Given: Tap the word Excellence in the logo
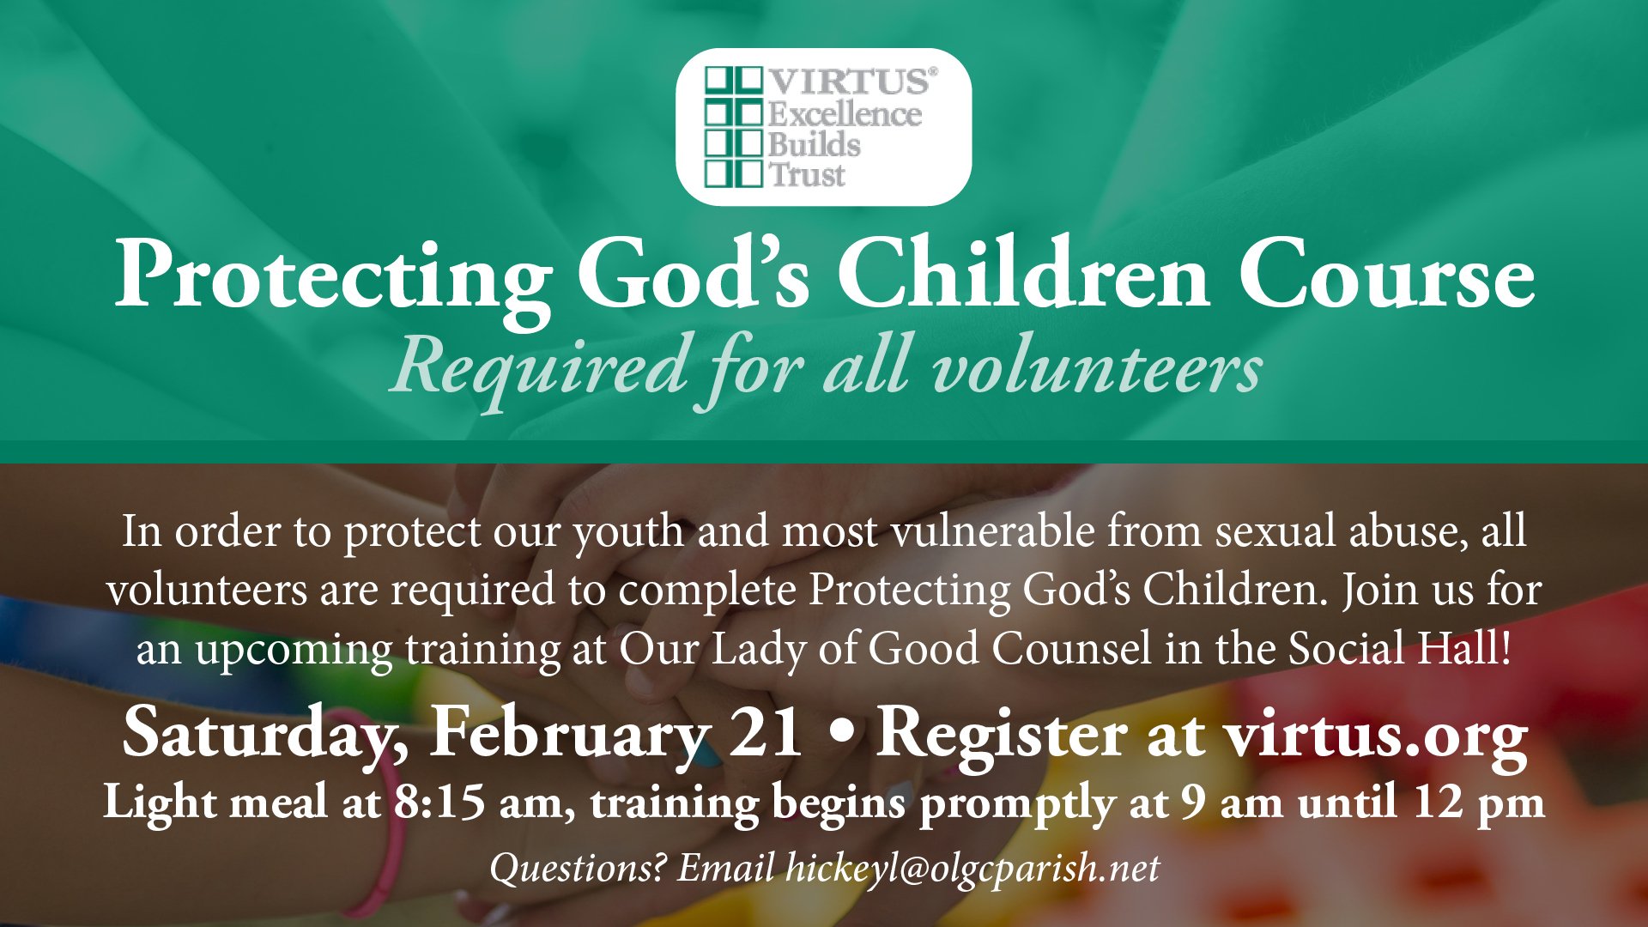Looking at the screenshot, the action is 845,113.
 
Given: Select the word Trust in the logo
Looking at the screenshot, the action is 807,175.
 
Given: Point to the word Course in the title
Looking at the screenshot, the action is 1386,275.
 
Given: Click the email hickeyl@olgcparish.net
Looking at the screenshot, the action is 972,868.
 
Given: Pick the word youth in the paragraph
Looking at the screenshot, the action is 629,532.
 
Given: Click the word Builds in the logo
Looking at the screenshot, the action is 814,144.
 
